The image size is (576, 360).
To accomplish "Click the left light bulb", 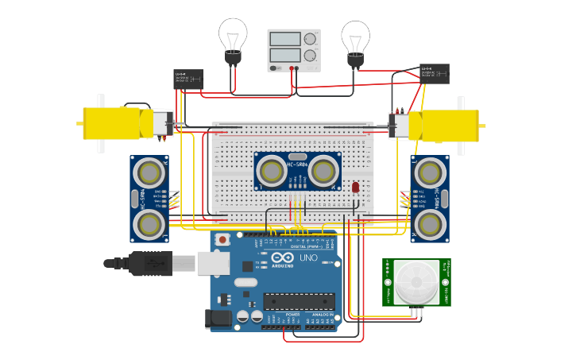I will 233,37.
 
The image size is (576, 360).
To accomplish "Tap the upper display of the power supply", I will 284,39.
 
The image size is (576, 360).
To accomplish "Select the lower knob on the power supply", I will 309,55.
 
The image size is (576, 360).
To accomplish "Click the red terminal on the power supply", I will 292,68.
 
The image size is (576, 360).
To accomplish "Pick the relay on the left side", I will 188,79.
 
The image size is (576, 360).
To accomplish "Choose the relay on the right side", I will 434,73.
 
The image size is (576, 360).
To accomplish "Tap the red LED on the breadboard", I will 355,188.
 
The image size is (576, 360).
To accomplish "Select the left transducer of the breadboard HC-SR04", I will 272,170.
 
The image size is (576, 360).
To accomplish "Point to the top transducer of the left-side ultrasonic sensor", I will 149,172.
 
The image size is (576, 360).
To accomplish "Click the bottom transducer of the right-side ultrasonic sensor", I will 429,225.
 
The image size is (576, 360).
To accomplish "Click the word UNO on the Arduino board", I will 308,258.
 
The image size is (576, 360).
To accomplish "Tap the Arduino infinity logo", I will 283,257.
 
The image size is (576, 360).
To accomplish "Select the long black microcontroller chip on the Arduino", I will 299,303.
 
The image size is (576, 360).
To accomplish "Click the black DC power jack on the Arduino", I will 218,319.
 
